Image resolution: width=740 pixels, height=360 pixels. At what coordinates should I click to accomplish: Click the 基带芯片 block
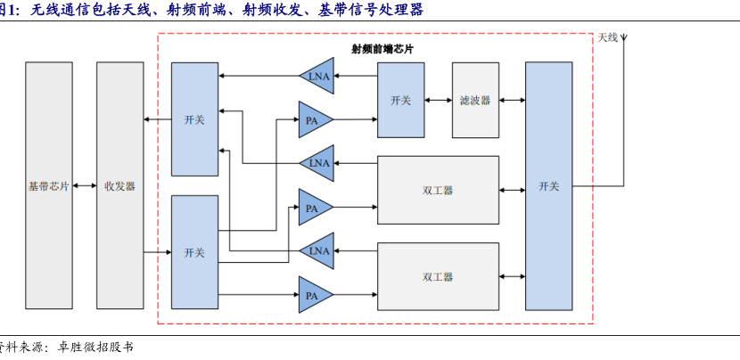[49, 186]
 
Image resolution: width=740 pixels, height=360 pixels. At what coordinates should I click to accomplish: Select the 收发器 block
[119, 186]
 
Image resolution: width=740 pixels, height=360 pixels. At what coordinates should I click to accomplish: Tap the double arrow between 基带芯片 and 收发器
[85, 186]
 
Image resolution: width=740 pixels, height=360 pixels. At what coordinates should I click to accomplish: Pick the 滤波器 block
[475, 101]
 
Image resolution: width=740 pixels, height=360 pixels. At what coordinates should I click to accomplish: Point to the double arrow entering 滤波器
[438, 101]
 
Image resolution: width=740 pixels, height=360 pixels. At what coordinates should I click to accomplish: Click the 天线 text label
[607, 37]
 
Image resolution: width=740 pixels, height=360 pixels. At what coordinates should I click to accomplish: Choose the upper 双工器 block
[438, 190]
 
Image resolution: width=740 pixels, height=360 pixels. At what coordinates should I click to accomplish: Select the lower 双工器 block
[438, 276]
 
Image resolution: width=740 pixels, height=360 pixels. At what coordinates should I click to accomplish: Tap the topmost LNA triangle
[317, 76]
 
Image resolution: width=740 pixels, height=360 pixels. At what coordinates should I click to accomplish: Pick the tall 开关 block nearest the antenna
[548, 186]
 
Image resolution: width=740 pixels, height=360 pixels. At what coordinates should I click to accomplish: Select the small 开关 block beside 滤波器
[400, 101]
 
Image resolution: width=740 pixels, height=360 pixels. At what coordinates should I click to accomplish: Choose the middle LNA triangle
[317, 163]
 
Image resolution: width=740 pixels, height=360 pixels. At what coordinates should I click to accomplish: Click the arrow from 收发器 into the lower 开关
[158, 252]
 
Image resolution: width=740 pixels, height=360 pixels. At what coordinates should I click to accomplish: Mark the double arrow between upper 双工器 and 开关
[512, 190]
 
